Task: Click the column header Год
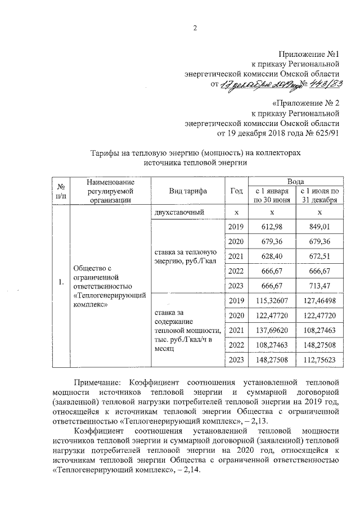236,191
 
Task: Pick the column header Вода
296,182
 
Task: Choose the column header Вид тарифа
188,191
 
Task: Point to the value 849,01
319,227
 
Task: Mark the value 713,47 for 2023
319,285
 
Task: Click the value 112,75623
319,359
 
